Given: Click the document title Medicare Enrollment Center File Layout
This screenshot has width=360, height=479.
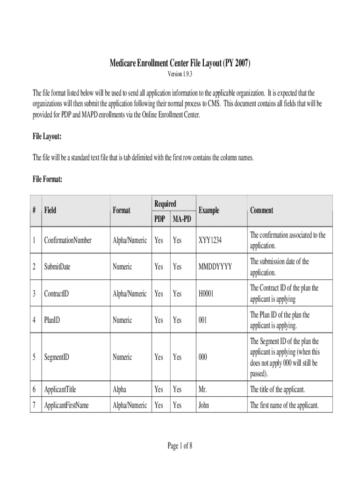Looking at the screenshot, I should click(180, 63).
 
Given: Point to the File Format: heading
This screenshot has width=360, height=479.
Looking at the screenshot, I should click(48, 179).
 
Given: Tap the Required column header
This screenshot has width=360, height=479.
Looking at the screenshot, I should click(165, 204).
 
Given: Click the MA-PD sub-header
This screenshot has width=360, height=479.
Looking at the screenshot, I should click(181, 219).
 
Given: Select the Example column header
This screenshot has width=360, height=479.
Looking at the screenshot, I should click(209, 210).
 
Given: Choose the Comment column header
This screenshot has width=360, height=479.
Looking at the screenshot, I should click(262, 210).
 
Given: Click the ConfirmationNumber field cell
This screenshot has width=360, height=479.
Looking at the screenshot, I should click(68, 240).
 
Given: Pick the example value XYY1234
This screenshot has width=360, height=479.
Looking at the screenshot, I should click(210, 240).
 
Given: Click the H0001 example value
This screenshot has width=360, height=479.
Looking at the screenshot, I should click(206, 294).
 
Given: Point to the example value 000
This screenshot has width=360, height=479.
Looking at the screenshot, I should click(203, 357).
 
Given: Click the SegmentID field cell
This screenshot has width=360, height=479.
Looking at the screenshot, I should click(57, 357).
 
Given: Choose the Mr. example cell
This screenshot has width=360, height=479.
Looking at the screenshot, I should click(203, 389).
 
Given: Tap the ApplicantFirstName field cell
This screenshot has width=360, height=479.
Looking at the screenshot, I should click(66, 406).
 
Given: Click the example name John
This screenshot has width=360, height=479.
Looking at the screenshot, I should click(204, 406).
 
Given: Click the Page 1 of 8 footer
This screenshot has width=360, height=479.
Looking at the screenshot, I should click(180, 446).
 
